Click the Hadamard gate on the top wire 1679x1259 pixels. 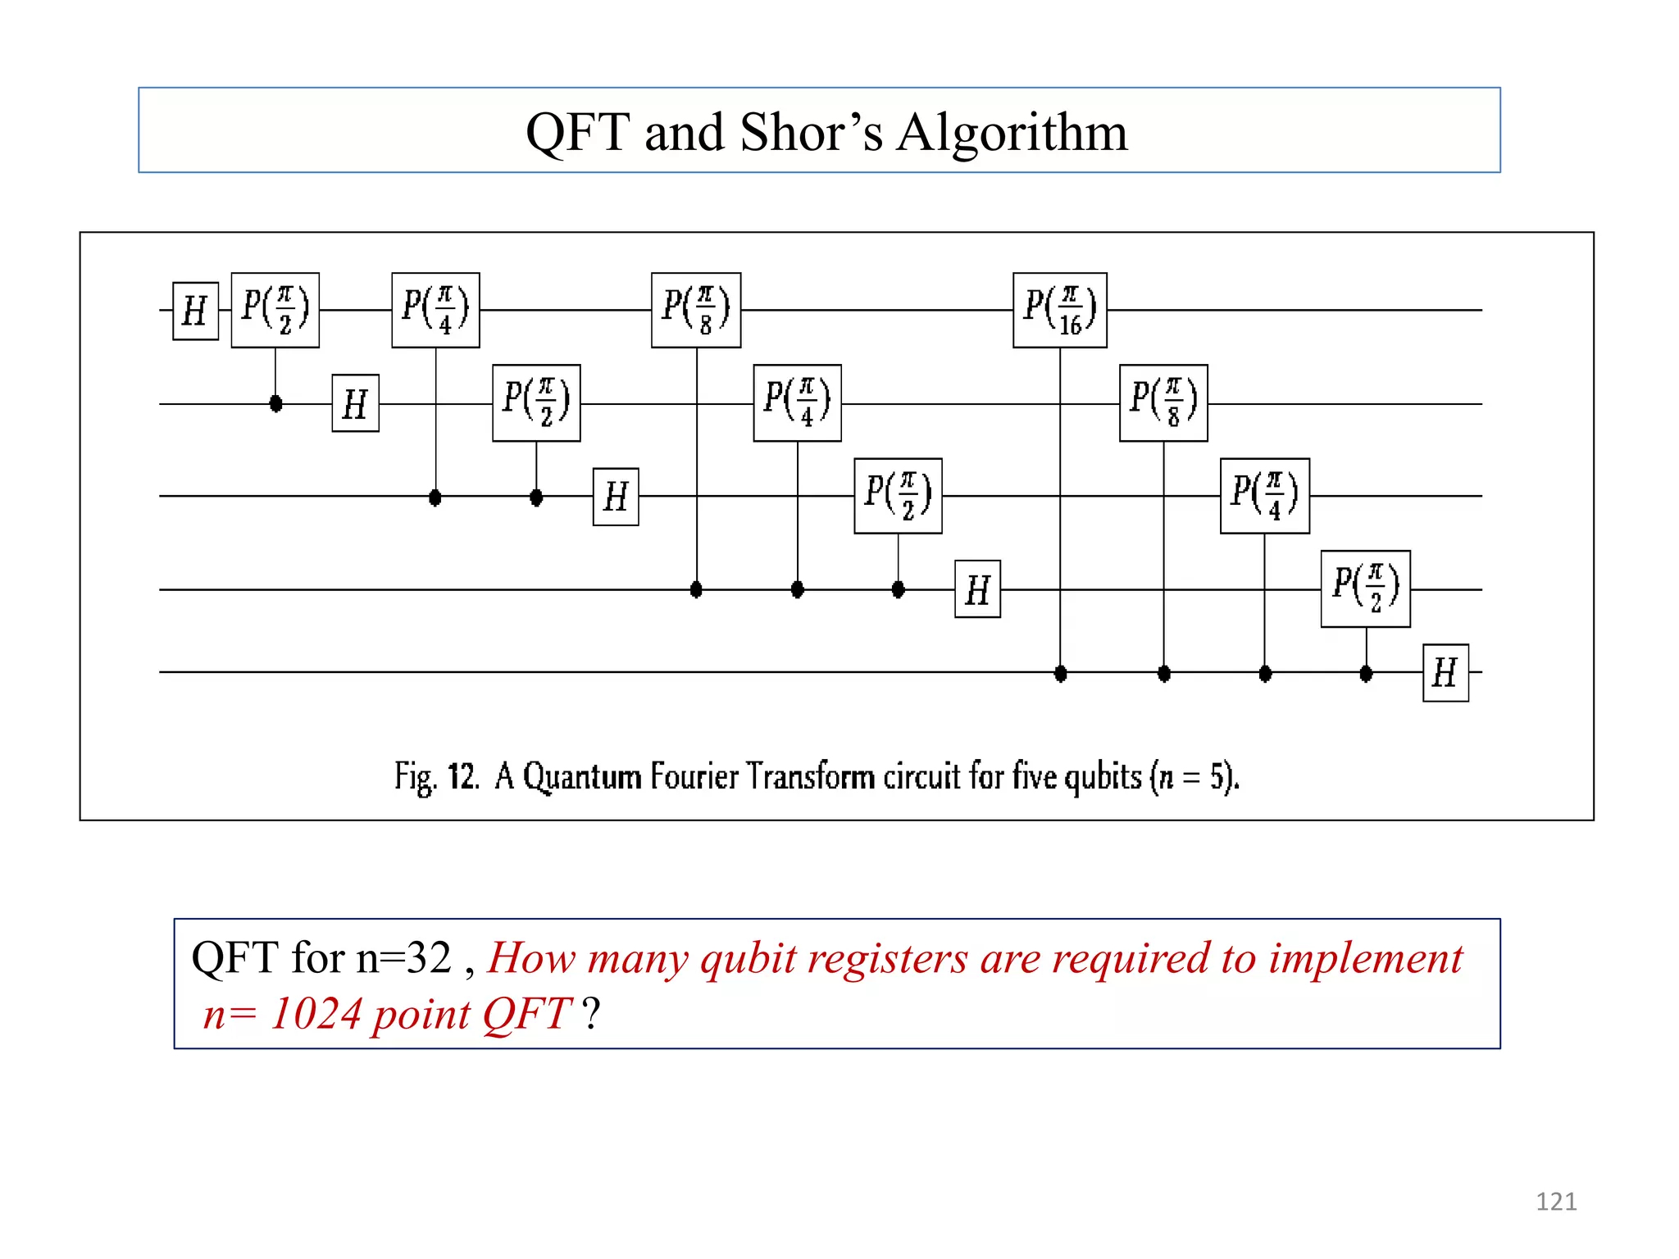(x=195, y=311)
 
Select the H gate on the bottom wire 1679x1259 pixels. (x=1445, y=673)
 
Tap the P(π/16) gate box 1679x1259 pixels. (x=1059, y=311)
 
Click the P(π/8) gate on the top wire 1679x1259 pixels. (x=696, y=311)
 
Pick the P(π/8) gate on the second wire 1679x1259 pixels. (x=1163, y=403)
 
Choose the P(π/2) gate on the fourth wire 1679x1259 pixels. (x=1365, y=589)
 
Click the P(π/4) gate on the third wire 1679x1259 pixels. (x=1264, y=496)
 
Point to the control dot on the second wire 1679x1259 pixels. (x=275, y=403)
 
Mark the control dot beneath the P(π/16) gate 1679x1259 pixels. (x=1060, y=674)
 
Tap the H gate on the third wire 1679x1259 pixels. (x=616, y=497)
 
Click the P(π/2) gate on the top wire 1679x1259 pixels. (x=275, y=311)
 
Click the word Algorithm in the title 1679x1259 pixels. (x=1012, y=132)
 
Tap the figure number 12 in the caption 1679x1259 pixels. (x=462, y=775)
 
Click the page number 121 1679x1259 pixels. (x=1555, y=1202)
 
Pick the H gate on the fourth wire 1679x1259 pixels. (x=977, y=589)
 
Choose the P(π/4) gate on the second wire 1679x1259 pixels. (x=797, y=403)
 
